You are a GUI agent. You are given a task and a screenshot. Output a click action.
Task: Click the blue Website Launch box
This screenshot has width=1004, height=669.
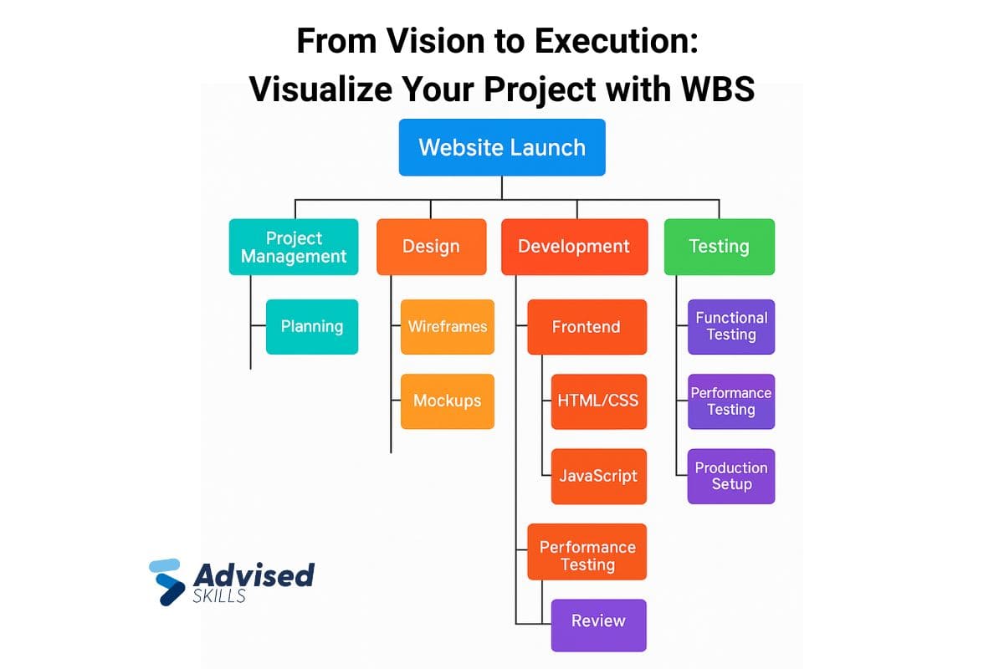coord(502,147)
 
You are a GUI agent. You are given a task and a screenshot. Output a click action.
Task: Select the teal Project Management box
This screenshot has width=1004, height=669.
coord(294,247)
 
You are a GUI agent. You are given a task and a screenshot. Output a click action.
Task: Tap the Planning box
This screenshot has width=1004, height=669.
coord(312,326)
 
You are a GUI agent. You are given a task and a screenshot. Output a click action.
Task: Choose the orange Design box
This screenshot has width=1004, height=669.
coord(431,247)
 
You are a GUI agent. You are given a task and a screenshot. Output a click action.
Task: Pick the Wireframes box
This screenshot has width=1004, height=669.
coord(448,326)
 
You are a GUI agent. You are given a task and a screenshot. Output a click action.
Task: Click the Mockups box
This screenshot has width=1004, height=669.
coord(448,401)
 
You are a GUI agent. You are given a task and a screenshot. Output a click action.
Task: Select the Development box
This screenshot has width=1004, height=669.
coord(574,247)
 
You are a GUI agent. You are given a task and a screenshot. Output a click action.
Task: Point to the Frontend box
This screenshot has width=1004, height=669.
coord(587,326)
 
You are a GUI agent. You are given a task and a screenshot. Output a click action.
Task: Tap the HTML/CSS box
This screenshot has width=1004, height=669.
coord(598,401)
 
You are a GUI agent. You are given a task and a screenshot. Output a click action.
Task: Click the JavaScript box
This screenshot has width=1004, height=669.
coord(598,476)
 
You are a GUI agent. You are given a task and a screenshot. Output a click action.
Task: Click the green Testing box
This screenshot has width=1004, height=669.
coord(719,247)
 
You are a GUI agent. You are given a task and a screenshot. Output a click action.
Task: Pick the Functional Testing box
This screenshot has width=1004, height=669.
coord(731,326)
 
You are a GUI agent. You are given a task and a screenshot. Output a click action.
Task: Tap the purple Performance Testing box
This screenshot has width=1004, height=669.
coord(731,401)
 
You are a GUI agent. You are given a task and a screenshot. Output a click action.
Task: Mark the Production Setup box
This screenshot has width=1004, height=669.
coord(731,476)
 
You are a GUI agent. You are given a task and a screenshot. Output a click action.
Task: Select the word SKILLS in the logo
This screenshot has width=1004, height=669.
coord(219,595)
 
